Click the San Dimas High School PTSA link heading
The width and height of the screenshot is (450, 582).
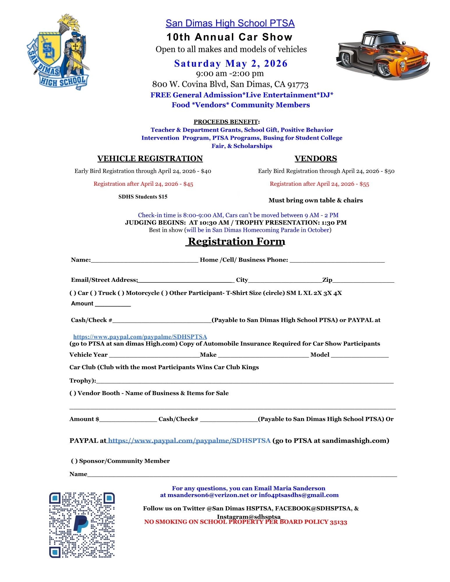pos(230,23)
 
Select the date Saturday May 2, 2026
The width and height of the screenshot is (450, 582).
pos(231,63)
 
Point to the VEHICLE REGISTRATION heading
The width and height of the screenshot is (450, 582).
pos(150,159)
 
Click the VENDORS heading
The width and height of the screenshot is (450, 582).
pos(316,159)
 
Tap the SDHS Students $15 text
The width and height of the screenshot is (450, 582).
pos(143,197)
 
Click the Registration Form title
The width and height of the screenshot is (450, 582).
pos(236,241)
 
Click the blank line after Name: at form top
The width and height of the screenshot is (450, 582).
pos(144,260)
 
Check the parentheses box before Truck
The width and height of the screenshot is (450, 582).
pos(93,293)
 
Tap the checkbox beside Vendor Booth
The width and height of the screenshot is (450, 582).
pos(73,393)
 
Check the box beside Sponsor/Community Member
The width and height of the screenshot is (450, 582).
pos(74,461)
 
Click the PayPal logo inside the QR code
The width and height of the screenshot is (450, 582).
pos(81,524)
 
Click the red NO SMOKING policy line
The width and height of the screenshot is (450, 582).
pos(245,522)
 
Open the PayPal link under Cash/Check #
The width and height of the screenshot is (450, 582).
pos(140,337)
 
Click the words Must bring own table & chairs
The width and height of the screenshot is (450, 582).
pos(316,200)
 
